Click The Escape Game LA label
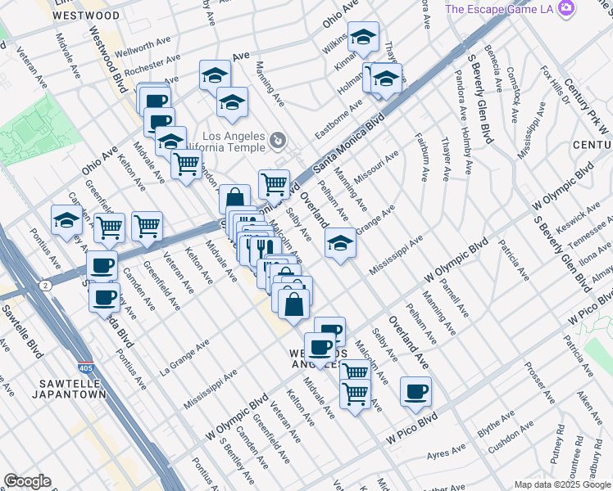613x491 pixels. (501, 9)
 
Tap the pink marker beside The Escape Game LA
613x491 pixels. (565, 9)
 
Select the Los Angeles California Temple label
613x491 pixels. (234, 142)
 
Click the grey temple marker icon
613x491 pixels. (279, 142)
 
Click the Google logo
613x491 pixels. (27, 481)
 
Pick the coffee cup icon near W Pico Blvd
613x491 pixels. (415, 391)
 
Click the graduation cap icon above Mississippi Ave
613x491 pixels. (340, 242)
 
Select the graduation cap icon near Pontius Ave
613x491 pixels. (66, 219)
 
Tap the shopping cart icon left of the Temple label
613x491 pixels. (187, 164)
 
